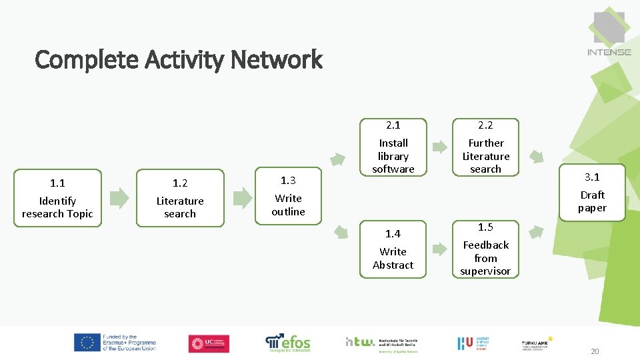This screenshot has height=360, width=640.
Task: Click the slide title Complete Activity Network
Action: coord(178,60)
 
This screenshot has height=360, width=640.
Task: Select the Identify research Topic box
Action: coord(57,198)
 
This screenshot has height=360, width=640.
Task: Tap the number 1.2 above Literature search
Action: coord(180,183)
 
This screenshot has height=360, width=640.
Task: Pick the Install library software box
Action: coord(393,149)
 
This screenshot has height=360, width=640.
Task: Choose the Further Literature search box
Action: coord(485,149)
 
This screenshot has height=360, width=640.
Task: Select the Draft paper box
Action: coord(592,193)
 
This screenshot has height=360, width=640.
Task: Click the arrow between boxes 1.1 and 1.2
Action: coord(119,197)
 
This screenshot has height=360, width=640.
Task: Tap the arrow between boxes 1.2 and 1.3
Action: coord(242,197)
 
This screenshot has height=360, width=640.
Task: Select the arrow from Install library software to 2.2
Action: coord(440,147)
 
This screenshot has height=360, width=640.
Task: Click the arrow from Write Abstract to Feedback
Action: coord(440,249)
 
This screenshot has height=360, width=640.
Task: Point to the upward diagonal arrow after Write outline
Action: coord(339,159)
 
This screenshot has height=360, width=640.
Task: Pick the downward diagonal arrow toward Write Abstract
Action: coord(341,232)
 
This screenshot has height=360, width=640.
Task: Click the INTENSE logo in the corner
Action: coord(609,33)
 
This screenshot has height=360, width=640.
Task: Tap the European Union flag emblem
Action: coord(87,343)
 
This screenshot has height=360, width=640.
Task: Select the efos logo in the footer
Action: coord(288,343)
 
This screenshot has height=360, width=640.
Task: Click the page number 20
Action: coord(595,352)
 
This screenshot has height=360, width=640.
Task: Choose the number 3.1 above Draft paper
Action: coord(592,177)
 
